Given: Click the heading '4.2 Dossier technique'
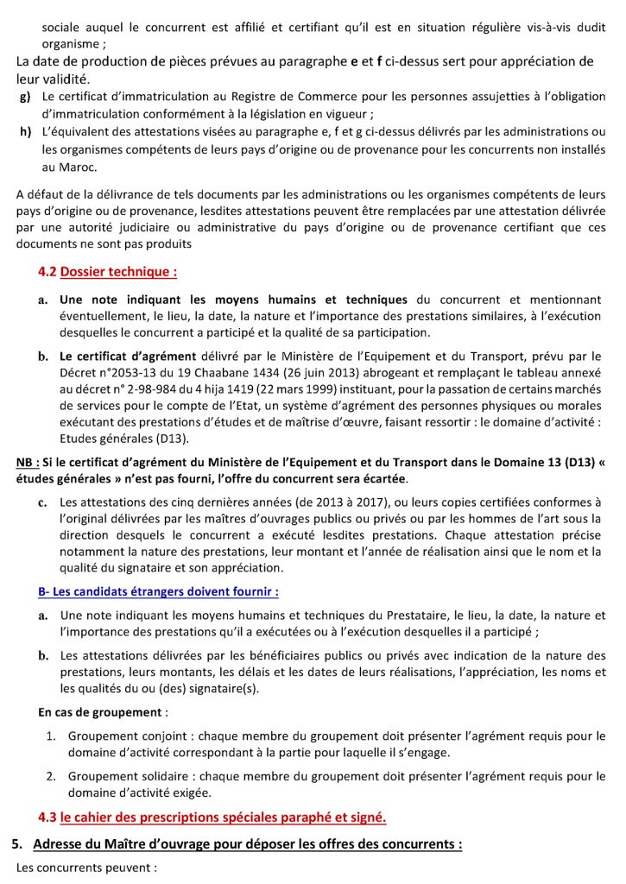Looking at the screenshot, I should pyautogui.click(x=108, y=272).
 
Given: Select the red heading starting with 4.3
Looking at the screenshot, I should pyautogui.click(x=212, y=817).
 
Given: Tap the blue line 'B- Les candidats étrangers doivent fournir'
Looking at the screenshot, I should pyautogui.click(x=158, y=592).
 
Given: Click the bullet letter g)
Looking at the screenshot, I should pyautogui.click(x=25, y=97).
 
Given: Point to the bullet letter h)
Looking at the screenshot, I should pyautogui.click(x=25, y=131).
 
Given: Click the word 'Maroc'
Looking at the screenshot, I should pyautogui.click(x=78, y=167).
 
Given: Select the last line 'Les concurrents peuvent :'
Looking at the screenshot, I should pyautogui.click(x=86, y=867).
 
